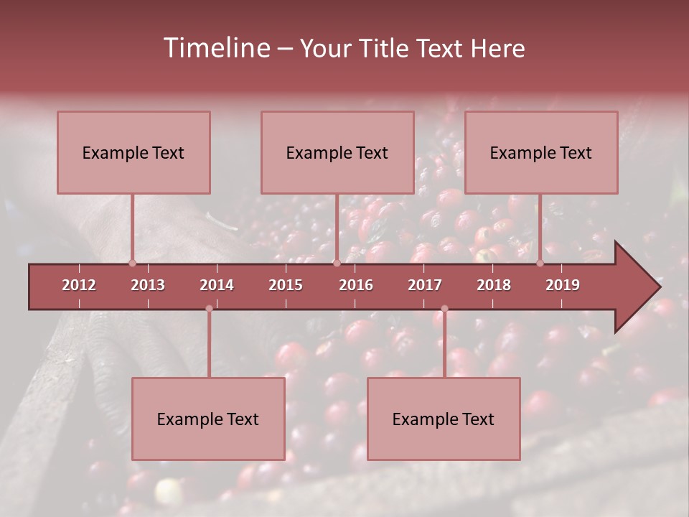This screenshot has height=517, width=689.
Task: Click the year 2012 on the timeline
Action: tap(79, 285)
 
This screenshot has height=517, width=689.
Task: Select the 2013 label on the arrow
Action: tap(148, 285)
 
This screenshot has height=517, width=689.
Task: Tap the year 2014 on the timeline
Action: tap(217, 285)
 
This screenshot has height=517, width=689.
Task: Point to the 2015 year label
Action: tap(286, 285)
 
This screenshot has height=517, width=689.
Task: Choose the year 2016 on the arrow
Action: tap(356, 285)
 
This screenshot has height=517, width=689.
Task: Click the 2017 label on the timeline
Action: tap(425, 285)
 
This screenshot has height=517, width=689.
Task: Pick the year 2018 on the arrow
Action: tap(494, 285)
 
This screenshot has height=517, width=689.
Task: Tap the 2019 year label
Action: tap(563, 285)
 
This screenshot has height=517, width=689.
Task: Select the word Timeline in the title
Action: tap(215, 48)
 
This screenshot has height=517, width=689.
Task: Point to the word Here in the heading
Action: tap(497, 48)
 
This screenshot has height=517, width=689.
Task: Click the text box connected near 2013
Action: tap(133, 152)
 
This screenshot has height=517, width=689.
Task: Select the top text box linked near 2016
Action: tap(337, 152)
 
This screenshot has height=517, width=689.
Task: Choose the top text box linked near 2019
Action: tap(541, 152)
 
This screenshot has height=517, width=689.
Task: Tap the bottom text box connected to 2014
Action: tap(208, 419)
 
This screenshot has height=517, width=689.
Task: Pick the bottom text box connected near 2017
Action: tap(444, 419)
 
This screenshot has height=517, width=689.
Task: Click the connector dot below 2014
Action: tap(209, 309)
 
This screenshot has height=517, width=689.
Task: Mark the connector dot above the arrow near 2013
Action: tap(132, 263)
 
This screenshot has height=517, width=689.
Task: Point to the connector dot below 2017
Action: tap(444, 309)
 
